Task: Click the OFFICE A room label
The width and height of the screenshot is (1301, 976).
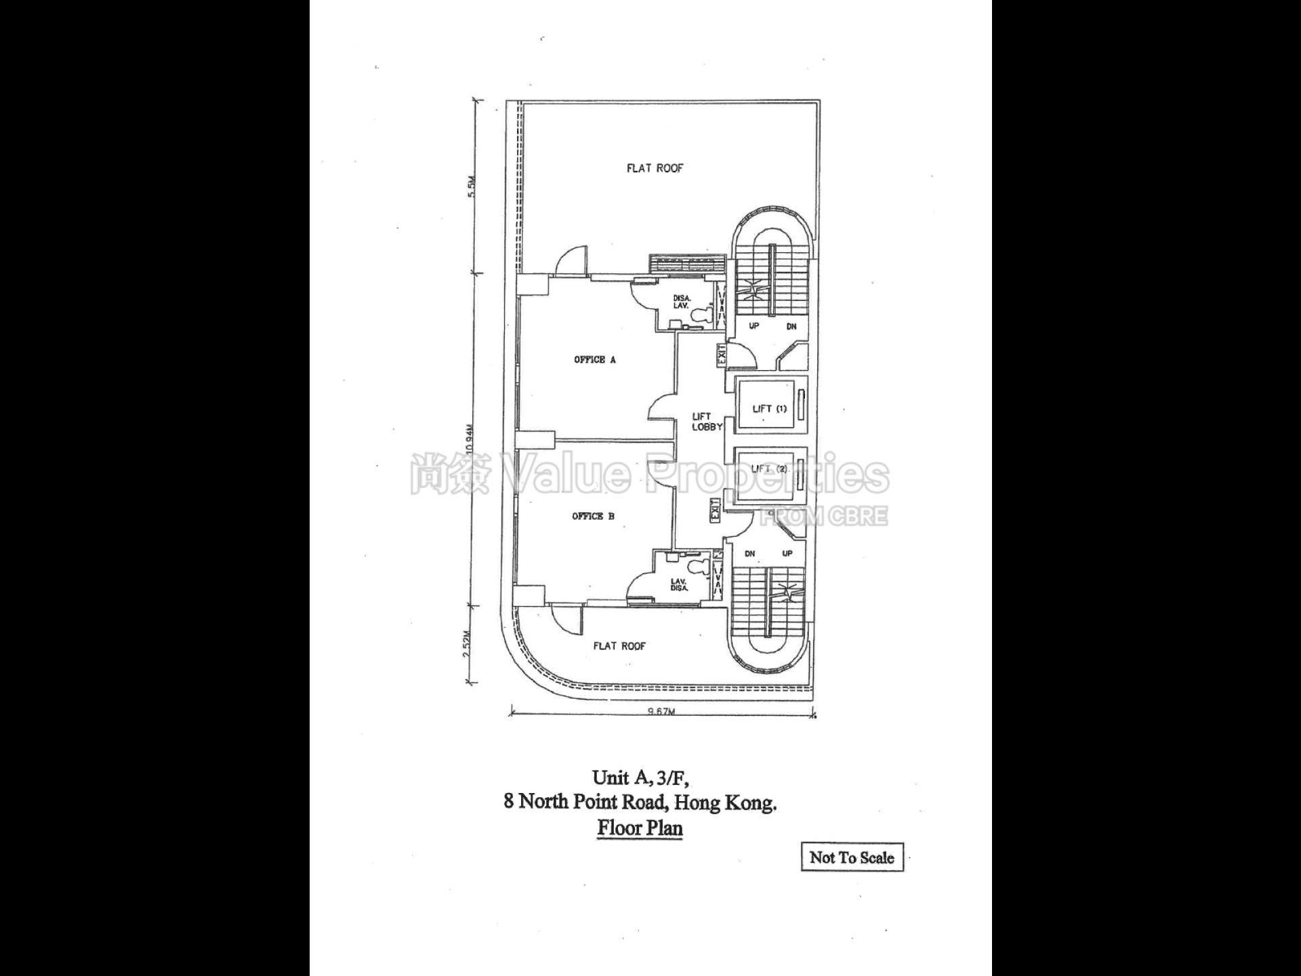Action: coord(594,360)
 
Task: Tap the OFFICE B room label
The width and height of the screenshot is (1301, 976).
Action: coord(593,516)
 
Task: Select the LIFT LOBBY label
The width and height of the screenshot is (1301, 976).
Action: coord(706,422)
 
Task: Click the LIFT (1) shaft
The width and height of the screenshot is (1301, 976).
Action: coord(770,409)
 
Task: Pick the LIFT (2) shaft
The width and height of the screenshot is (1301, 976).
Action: coord(770,469)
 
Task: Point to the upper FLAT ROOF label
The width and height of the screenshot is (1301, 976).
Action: coord(655,168)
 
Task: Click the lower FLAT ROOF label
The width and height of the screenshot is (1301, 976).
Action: coord(619,646)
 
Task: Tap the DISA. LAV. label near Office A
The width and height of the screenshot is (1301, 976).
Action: coord(681,302)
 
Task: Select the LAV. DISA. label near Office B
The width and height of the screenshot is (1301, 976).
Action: coord(679,584)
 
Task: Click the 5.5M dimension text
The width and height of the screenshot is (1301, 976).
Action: coord(472,186)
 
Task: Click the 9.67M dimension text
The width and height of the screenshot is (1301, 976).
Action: coord(662,712)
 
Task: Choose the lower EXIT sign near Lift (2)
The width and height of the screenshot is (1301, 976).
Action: coord(714,510)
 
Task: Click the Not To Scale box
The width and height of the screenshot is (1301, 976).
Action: coord(852,857)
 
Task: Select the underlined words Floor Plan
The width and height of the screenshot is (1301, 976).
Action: coord(640,828)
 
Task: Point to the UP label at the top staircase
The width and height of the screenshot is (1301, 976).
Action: coord(753,326)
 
